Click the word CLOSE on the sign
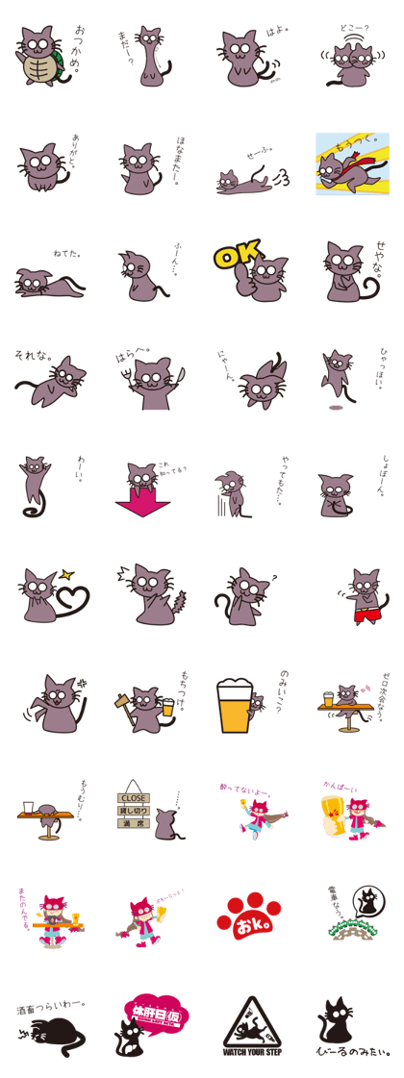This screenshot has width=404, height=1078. [133, 798]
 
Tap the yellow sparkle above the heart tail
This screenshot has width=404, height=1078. [66, 575]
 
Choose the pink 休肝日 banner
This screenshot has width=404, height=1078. [155, 1014]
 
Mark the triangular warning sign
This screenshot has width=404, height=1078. [249, 1028]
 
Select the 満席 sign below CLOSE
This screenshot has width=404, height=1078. [133, 823]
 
